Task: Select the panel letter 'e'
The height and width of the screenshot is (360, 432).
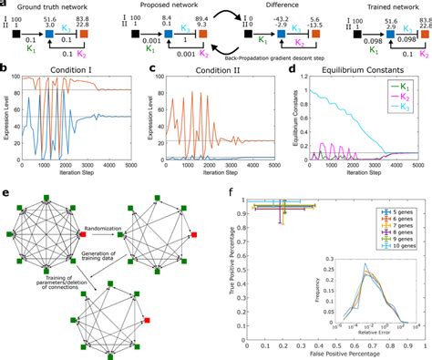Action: (x=5, y=193)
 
